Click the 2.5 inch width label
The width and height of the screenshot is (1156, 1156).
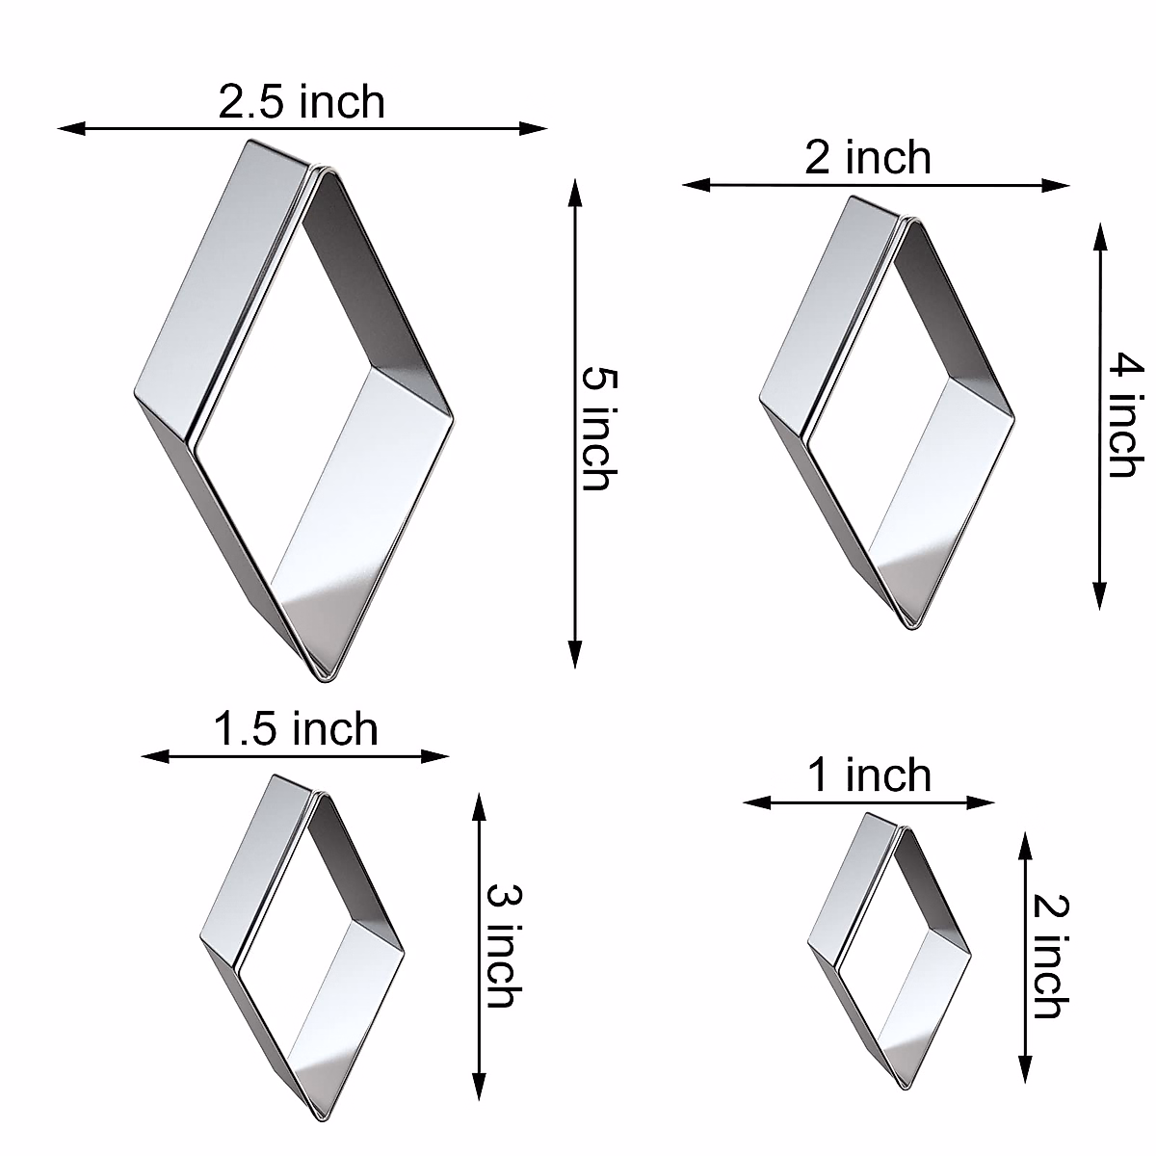click(x=302, y=102)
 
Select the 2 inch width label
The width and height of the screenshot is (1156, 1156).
click(x=868, y=158)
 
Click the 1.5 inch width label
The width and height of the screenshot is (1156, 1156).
click(x=295, y=729)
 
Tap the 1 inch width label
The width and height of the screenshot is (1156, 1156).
click(x=869, y=775)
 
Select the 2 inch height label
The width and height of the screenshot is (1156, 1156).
click(x=1048, y=957)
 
